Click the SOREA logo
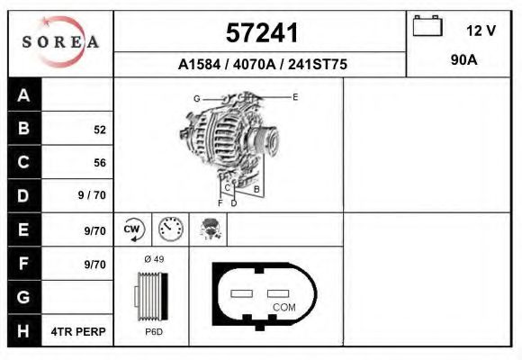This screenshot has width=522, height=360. pyautogui.click(x=60, y=43)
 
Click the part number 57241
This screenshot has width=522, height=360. pyautogui.click(x=261, y=32)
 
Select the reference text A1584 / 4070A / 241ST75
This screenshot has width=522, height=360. pyautogui.click(x=262, y=65)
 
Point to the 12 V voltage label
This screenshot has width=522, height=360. pyautogui.click(x=481, y=31)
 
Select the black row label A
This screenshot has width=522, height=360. pyautogui.click(x=24, y=95)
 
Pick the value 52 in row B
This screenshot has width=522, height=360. pyautogui.click(x=99, y=130)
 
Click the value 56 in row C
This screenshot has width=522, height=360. pyautogui.click(x=99, y=163)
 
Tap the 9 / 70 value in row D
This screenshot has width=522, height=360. pyautogui.click(x=94, y=195)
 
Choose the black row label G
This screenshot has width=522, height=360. pyautogui.click(x=24, y=297)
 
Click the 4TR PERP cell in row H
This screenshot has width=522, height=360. pyautogui.click(x=79, y=331)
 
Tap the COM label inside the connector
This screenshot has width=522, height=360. pyautogui.click(x=283, y=307)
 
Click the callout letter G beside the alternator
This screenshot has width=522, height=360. pyautogui.click(x=196, y=97)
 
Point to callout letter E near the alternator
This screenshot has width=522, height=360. pyautogui.click(x=294, y=95)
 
